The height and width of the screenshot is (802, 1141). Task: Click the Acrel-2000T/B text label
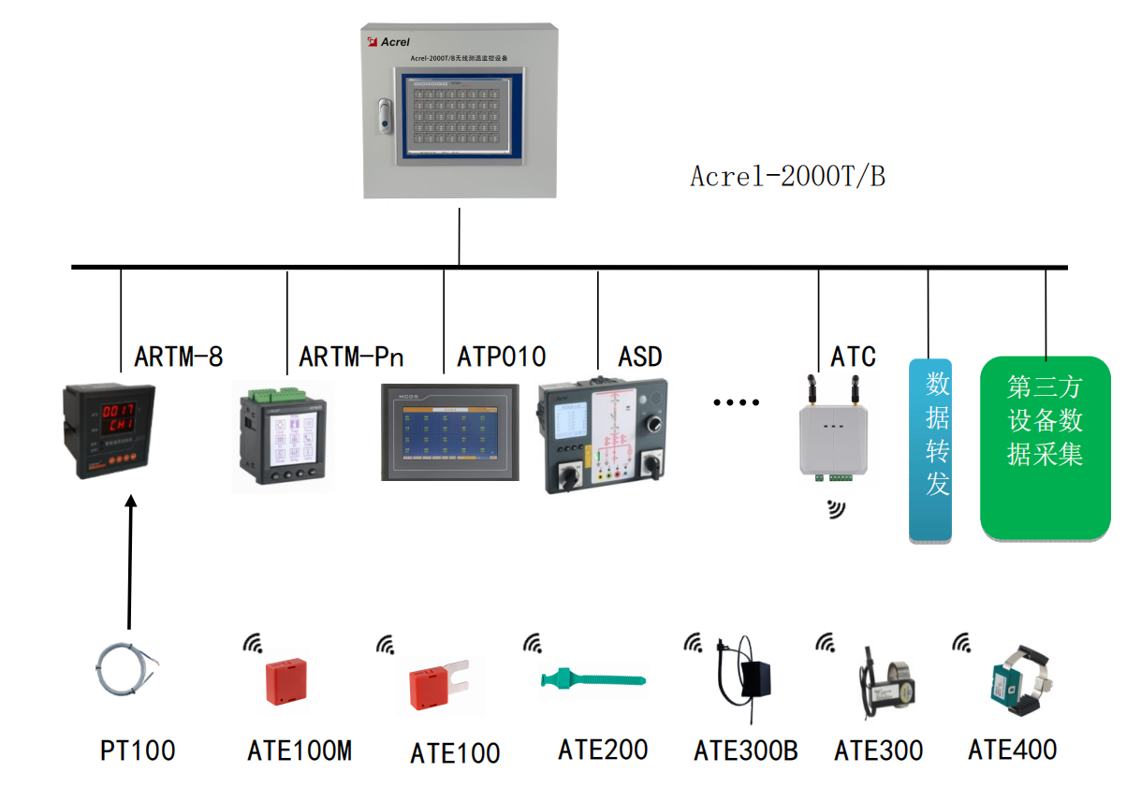coord(786,176)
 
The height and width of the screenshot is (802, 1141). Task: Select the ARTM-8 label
coord(179,357)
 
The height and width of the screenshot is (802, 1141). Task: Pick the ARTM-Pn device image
coord(283,437)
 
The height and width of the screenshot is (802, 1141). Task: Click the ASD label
coord(640,357)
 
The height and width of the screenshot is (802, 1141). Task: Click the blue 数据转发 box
coord(930,450)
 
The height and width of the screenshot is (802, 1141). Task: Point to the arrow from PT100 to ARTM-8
coord(130,561)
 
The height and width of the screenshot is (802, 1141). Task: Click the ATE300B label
coord(745,751)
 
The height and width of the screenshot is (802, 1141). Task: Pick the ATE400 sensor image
coord(1013,680)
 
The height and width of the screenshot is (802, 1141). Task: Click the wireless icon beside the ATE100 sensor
coord(386,645)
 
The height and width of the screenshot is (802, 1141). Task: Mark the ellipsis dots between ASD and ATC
coord(736,402)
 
